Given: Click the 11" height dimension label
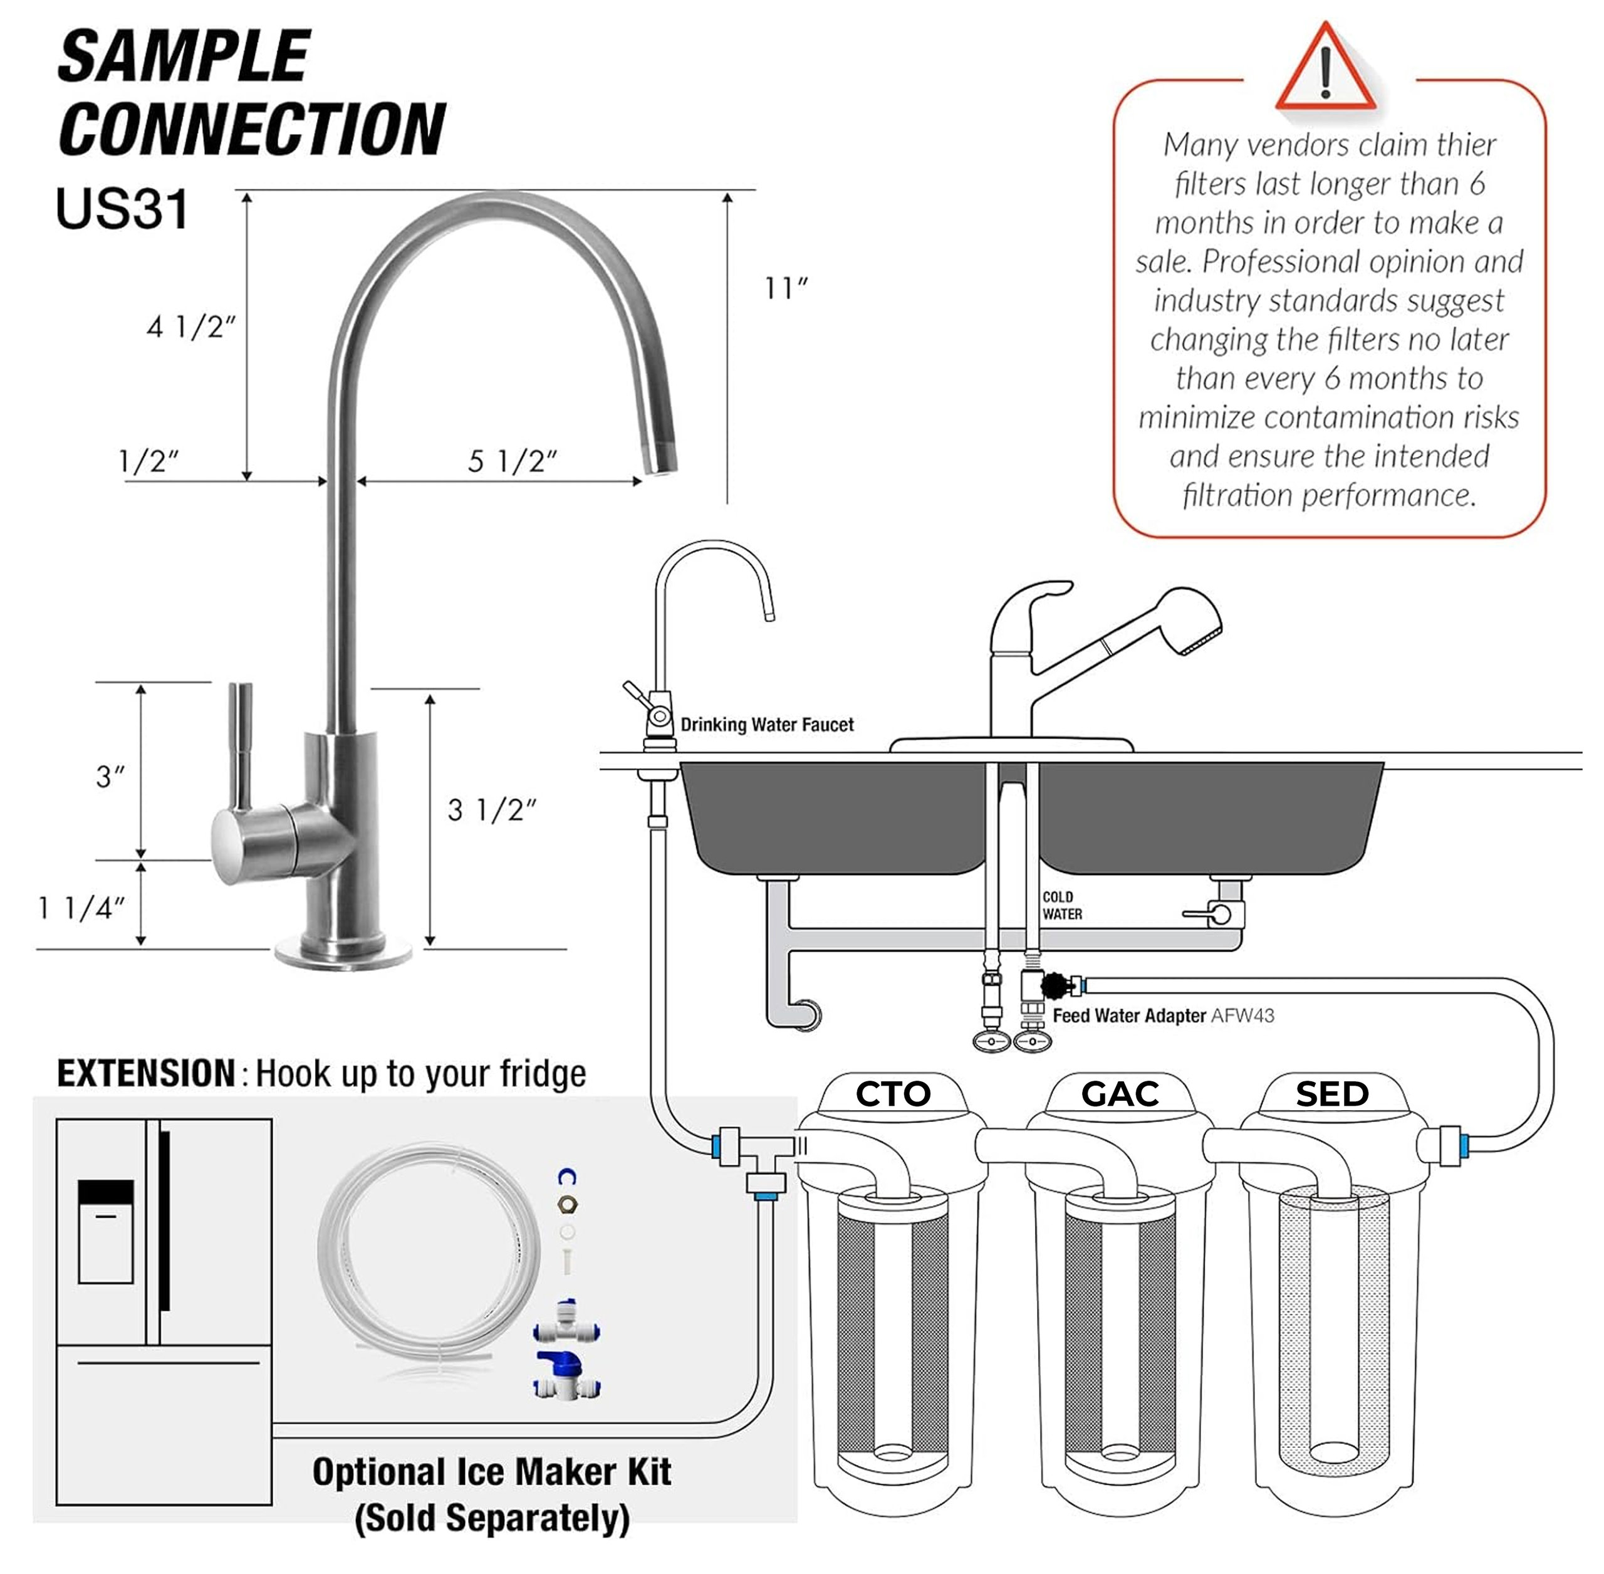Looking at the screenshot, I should [x=784, y=288].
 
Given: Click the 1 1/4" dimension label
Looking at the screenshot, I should [x=81, y=908].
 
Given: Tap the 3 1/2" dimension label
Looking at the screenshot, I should [x=491, y=810].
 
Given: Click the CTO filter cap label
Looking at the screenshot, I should [x=892, y=1094].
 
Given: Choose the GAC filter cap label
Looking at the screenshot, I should [x=1120, y=1094].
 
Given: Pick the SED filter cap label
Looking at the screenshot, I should [x=1331, y=1094].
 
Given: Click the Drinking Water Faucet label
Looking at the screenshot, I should [x=766, y=725].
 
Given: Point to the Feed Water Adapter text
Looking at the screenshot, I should [x=1129, y=1016].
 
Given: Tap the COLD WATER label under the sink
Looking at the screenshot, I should [x=1061, y=905].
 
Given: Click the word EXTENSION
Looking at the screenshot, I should [x=146, y=1074].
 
